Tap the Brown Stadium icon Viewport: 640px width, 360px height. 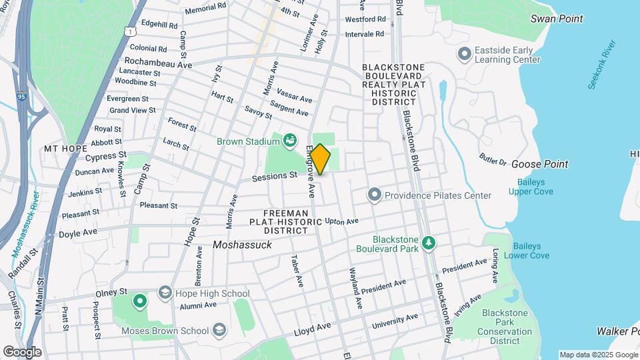289,140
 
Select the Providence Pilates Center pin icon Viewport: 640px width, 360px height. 375,195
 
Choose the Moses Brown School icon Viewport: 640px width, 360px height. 219,330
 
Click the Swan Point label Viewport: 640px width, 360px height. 557,19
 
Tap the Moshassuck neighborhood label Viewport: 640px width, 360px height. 242,245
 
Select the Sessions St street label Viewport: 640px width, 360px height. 274,177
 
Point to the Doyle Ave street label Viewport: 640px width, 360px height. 79,233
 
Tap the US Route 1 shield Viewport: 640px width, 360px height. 129,31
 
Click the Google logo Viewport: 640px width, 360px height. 22,351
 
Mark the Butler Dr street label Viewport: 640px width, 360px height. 493,159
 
